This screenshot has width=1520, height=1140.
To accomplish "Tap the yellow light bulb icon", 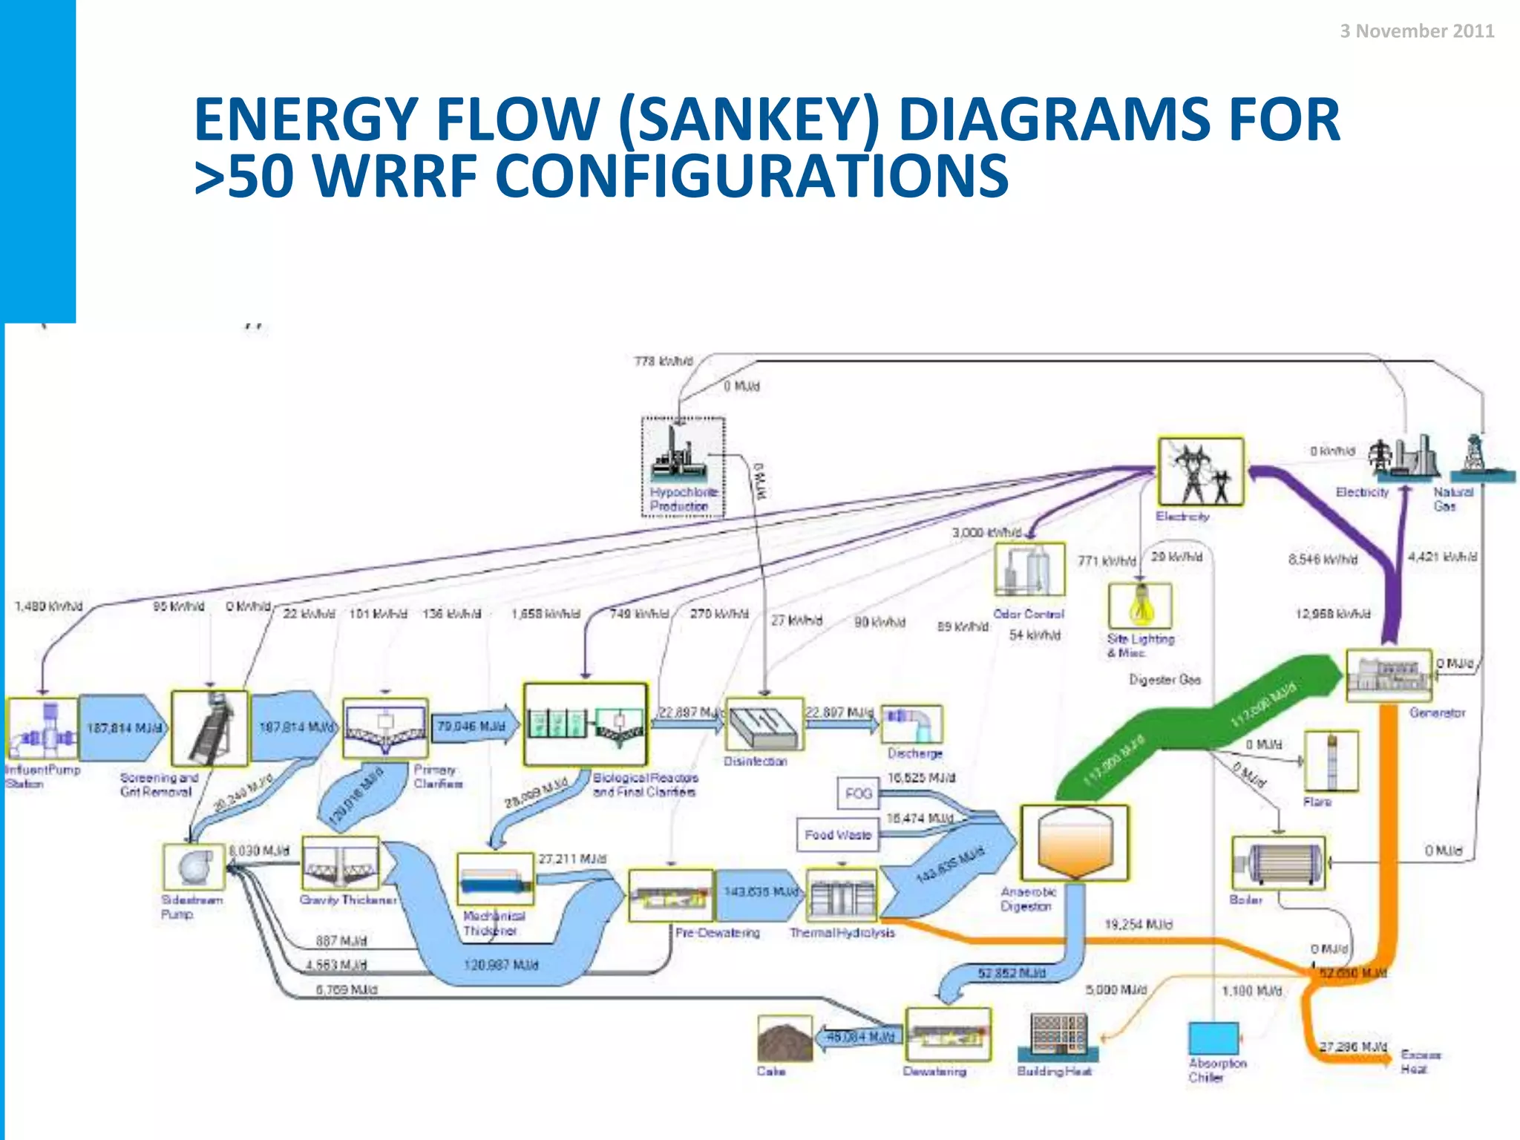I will (1141, 604).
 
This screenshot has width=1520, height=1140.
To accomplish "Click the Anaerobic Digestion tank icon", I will (1074, 842).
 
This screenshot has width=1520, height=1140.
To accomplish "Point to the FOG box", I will (858, 793).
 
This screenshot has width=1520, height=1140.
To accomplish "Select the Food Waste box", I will (837, 834).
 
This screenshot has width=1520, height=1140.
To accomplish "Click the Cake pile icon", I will (784, 1040).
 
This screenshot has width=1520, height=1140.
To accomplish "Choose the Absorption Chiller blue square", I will (1213, 1038).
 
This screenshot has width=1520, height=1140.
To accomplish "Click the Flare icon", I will (1331, 761).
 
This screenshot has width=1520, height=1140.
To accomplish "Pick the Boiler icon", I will (1278, 862).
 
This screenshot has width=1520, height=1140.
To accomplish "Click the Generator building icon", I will (1389, 675).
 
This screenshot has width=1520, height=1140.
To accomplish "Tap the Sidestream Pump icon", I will (194, 866).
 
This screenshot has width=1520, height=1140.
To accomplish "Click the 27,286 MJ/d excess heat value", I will (1352, 1046).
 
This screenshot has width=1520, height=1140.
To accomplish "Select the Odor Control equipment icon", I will (1029, 570).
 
